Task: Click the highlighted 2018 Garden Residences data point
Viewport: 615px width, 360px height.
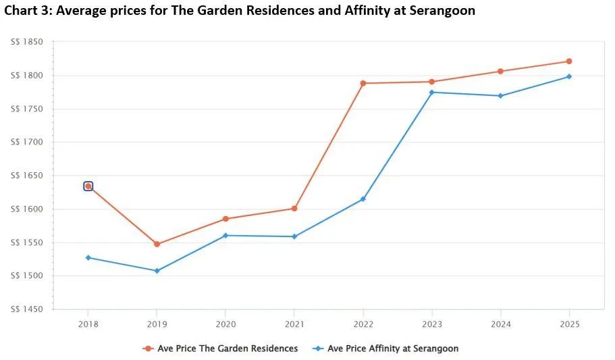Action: (x=88, y=186)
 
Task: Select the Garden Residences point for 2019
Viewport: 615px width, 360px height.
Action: (x=157, y=244)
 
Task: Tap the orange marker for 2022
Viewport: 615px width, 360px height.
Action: (x=363, y=83)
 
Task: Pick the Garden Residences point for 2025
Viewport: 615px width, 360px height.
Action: (x=569, y=61)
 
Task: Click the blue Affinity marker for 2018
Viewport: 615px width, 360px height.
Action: (x=88, y=257)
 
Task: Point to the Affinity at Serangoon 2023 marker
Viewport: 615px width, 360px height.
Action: (x=432, y=92)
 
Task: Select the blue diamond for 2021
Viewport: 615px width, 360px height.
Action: (x=294, y=236)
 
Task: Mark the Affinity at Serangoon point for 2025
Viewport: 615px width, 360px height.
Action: (x=569, y=76)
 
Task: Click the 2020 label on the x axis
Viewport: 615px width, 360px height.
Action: (x=225, y=324)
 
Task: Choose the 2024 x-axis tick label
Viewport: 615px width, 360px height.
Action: (x=500, y=324)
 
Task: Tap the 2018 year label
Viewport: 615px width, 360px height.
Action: (x=88, y=324)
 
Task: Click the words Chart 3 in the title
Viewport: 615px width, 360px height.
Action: (x=28, y=10)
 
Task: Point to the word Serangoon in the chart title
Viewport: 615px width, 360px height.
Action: (x=441, y=10)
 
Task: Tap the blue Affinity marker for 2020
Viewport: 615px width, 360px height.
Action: (x=225, y=235)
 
